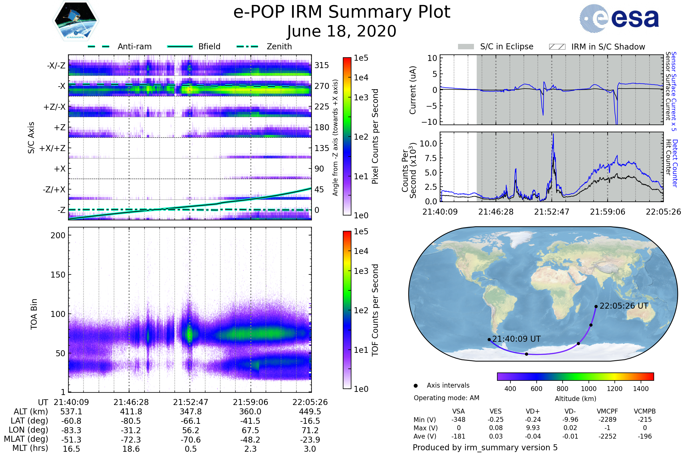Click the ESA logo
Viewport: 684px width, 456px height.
619,18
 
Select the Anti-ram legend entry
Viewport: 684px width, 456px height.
120,46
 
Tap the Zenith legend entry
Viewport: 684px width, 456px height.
264,46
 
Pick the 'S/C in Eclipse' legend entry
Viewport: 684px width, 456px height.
496,46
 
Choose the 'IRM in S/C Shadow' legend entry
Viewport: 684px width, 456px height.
597,46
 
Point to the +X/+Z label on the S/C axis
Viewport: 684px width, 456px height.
52,148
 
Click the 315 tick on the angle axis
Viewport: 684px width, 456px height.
322,65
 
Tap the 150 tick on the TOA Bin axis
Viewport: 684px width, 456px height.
58,275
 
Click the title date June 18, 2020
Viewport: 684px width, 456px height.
342,31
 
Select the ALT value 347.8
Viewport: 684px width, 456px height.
190,412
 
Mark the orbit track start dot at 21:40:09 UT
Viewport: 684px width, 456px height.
489,339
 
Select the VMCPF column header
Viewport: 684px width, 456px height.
607,411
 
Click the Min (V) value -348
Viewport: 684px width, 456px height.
458,420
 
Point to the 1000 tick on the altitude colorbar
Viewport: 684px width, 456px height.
589,389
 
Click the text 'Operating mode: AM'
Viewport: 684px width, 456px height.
446,398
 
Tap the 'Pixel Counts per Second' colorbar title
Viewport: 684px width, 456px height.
375,136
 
